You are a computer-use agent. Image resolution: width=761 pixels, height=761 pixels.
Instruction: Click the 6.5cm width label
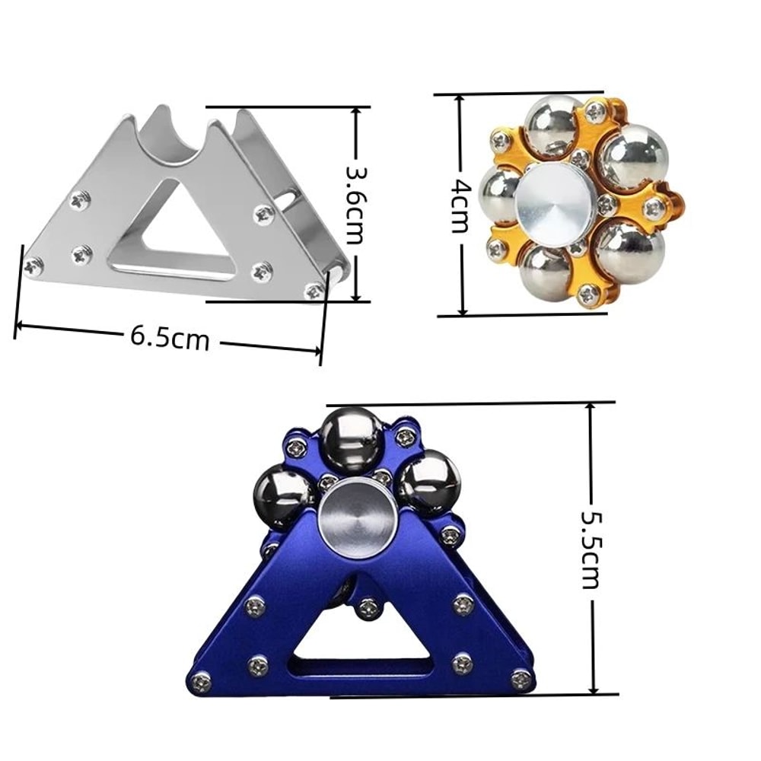(169, 338)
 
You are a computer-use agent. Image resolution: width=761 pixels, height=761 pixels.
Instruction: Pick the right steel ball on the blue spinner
(429, 481)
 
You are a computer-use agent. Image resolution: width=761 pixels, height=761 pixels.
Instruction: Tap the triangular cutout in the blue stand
(364, 639)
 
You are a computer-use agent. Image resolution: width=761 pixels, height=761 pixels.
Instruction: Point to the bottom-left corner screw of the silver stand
(33, 266)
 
